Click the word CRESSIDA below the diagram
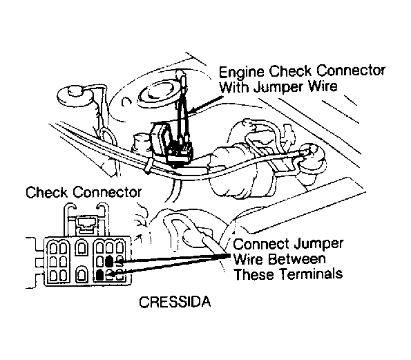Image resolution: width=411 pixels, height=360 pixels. (175, 302)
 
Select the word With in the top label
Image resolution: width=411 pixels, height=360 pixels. (234, 86)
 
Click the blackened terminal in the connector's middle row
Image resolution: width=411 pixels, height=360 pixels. (108, 261)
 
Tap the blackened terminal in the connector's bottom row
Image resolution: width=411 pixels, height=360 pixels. (99, 274)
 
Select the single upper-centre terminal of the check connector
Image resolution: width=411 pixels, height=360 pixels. (81, 248)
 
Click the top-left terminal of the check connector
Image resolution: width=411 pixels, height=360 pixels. (53, 248)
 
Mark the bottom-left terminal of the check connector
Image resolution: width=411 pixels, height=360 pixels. (53, 276)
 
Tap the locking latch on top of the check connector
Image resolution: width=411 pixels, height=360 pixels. (86, 223)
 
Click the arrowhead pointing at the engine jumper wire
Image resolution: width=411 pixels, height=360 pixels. (193, 111)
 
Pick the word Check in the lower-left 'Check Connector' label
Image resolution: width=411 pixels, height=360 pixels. (47, 193)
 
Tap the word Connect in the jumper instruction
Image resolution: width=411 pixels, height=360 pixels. (262, 245)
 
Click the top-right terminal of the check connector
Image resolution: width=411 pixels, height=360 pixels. (120, 247)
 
